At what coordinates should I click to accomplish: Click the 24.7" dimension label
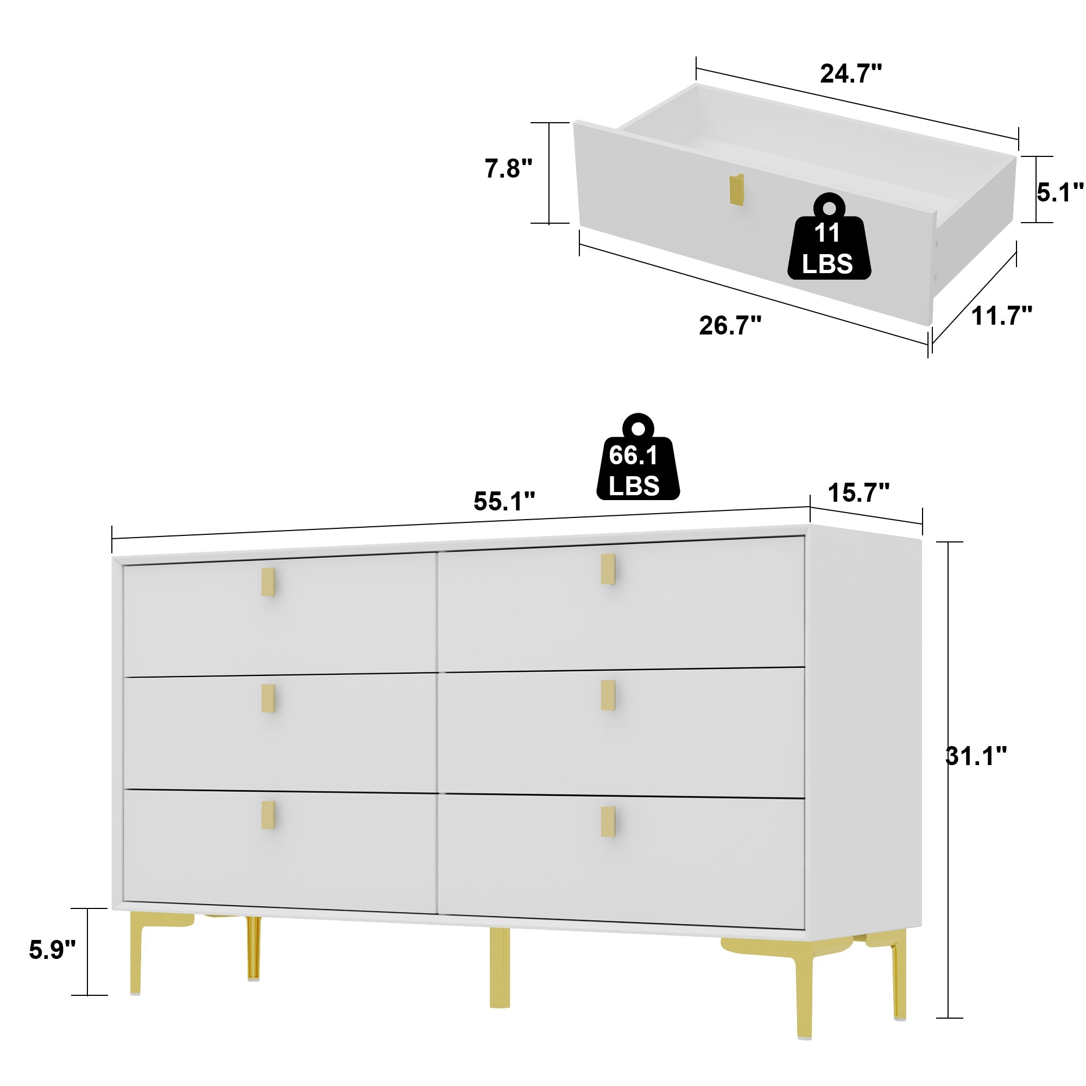[850, 74]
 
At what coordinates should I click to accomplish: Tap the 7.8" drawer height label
[508, 169]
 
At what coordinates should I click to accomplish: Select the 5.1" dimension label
[1059, 192]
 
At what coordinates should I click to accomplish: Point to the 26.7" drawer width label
[730, 325]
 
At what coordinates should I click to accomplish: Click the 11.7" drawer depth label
[1002, 316]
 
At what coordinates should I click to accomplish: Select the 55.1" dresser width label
[504, 501]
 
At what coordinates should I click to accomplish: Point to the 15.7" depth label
[858, 494]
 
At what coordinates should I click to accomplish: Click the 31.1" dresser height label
[976, 756]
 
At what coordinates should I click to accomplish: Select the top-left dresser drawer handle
[269, 582]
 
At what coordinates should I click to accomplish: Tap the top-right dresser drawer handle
[608, 569]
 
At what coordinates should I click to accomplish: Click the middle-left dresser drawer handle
[269, 698]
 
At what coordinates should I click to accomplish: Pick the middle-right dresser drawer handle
[608, 695]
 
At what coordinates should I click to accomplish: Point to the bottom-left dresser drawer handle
[269, 815]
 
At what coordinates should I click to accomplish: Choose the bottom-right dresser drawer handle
[608, 821]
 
